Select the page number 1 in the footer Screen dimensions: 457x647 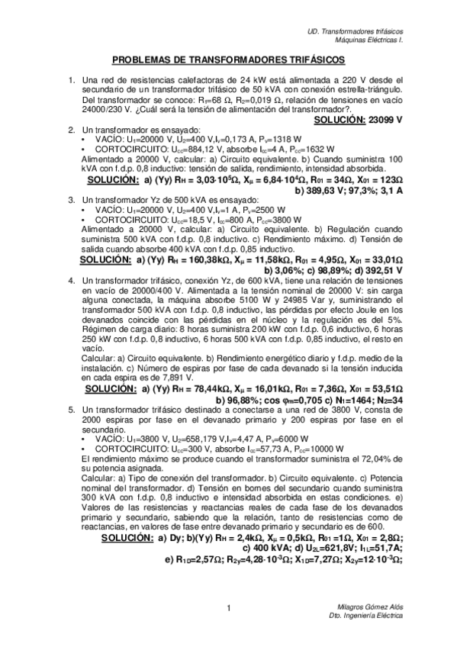pyautogui.click(x=229, y=607)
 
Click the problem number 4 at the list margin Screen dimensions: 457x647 pyautogui.click(x=71, y=280)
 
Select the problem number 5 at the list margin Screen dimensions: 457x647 pyautogui.click(x=71, y=410)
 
